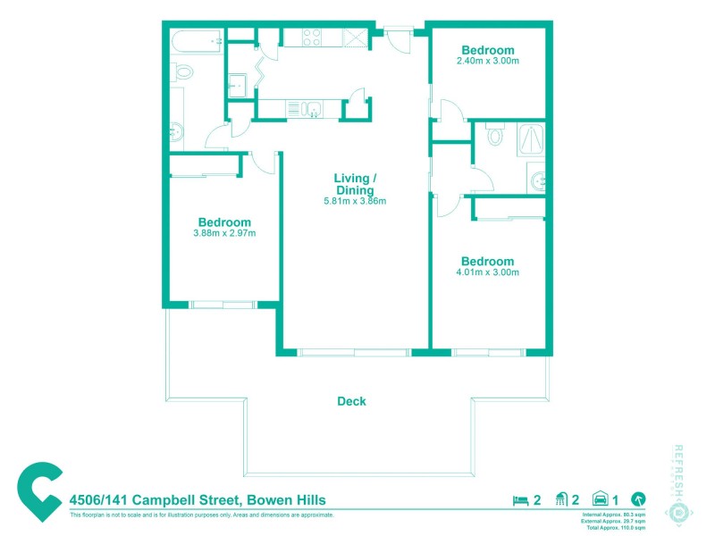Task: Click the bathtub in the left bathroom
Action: (x=196, y=41)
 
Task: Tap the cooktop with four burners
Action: (x=312, y=38)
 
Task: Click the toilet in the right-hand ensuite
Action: (x=494, y=137)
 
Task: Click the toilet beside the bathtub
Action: (x=183, y=72)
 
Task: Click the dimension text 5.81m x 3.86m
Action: (x=355, y=201)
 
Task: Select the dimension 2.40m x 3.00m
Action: (x=487, y=62)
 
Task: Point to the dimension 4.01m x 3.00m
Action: (x=487, y=272)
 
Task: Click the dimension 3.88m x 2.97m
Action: (x=224, y=234)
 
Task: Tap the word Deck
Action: (x=351, y=402)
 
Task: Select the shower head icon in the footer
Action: (x=562, y=500)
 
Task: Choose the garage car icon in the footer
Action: (x=601, y=500)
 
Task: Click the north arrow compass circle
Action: (x=638, y=500)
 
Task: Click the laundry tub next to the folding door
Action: (x=237, y=85)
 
